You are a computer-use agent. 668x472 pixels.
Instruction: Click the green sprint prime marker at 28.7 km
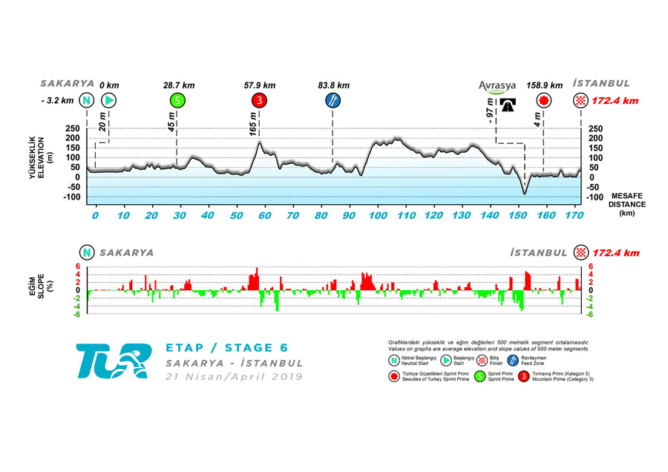coord(177,100)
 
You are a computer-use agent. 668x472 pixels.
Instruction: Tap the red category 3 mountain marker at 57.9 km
coord(259,100)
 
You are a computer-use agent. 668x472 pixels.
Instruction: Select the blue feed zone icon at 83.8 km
coord(333,100)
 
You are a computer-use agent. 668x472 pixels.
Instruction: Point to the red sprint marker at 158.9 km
coord(544,100)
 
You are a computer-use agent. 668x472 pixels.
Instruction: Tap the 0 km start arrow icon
coord(110,100)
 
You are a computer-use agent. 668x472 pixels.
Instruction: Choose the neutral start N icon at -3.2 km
coord(87,100)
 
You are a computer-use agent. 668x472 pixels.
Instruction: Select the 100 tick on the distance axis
coord(378,215)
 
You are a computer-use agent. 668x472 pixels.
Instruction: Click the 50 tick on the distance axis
coord(236,215)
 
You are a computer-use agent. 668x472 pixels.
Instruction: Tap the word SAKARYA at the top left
coord(67,84)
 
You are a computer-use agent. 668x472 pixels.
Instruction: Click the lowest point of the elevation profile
coord(524,194)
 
